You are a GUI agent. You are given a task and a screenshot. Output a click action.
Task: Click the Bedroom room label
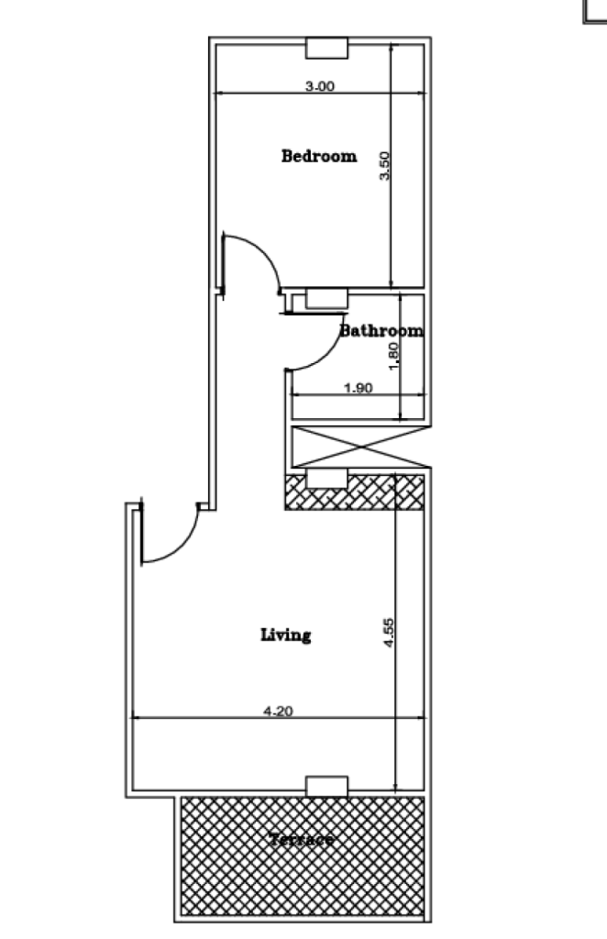point(318,156)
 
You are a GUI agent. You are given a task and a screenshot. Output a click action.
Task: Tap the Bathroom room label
point(381,331)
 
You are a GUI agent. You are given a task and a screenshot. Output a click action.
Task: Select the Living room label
point(285,635)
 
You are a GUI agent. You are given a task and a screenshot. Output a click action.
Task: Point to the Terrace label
point(302,839)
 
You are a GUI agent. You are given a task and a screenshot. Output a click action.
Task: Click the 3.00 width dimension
point(319,86)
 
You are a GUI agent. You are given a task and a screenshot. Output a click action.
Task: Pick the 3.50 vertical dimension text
point(386,165)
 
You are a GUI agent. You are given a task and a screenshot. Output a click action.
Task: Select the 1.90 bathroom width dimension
point(358,388)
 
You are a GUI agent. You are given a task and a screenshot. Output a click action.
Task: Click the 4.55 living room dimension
point(388,634)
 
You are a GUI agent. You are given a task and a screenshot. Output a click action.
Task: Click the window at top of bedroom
point(326,48)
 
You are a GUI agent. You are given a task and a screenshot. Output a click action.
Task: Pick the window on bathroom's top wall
point(326,298)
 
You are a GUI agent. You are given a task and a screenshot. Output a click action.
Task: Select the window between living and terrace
point(326,786)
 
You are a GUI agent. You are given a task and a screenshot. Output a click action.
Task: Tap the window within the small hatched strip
point(326,480)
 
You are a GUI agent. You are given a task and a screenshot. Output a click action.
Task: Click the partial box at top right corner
point(595,9)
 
